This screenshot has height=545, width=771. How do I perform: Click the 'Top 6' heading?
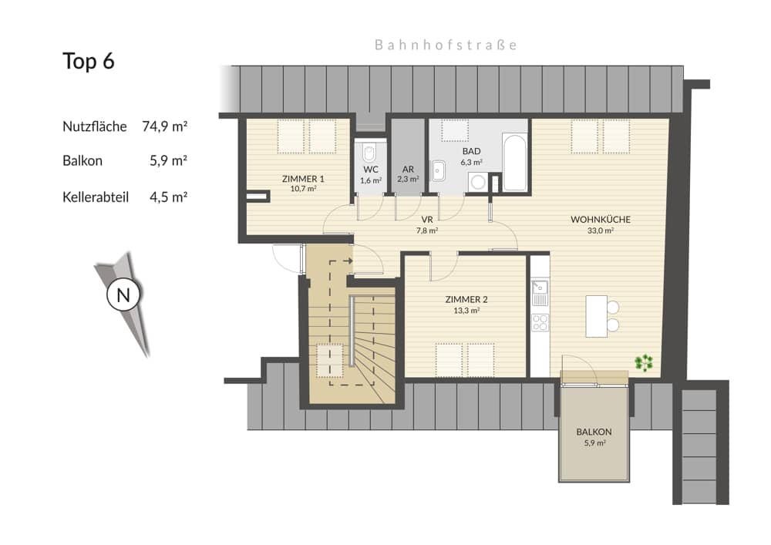click(x=89, y=62)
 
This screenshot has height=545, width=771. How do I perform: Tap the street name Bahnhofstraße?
click(x=446, y=45)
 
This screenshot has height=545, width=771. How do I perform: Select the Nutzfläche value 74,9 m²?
click(x=166, y=126)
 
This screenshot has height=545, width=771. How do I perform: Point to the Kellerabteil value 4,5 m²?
click(x=169, y=197)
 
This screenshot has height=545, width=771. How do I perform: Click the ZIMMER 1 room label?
click(x=303, y=179)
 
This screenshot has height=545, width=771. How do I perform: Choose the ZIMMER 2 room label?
click(x=466, y=300)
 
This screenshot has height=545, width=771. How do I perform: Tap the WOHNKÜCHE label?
click(x=601, y=220)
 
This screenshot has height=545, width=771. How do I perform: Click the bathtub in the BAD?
click(x=515, y=163)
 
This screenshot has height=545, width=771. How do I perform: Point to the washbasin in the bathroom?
click(x=439, y=170)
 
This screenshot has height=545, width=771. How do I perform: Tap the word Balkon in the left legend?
click(x=82, y=161)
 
